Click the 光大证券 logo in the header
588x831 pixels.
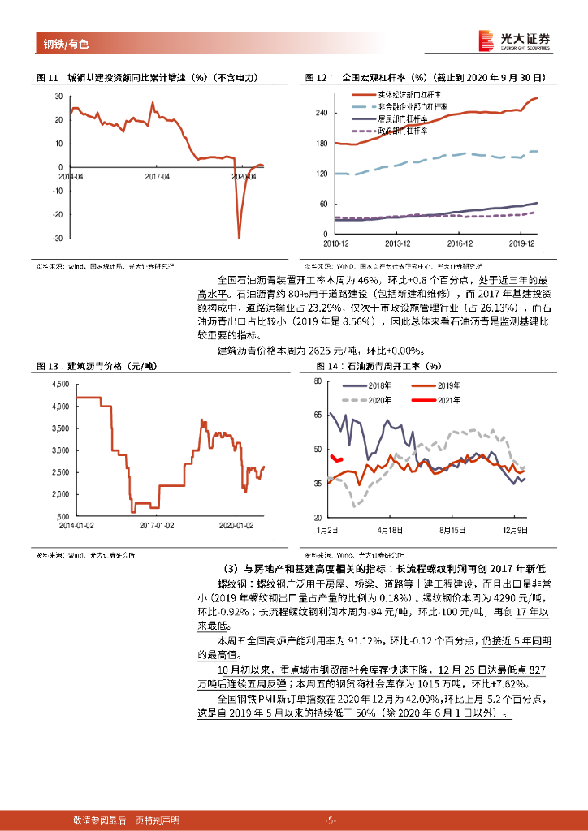513,40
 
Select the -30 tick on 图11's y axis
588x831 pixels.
58,238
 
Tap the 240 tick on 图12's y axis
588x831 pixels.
321,114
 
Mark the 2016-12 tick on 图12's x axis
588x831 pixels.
460,243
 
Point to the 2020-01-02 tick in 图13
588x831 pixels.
236,525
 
